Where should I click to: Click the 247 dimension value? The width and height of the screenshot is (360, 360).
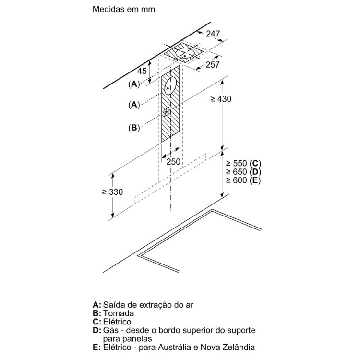(213, 34)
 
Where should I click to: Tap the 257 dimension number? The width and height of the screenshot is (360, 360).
(213, 65)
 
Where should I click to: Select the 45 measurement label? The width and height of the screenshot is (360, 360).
(142, 71)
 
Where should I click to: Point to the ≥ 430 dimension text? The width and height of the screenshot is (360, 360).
(221, 99)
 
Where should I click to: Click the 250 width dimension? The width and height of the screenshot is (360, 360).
(173, 162)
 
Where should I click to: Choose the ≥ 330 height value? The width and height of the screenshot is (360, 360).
(112, 192)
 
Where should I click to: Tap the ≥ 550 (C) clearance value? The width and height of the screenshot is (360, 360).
(243, 164)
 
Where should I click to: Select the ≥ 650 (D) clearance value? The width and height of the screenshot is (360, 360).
(243, 172)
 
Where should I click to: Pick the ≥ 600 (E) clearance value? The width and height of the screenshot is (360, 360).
(243, 180)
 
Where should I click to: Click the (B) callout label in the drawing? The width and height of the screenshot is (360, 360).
(134, 128)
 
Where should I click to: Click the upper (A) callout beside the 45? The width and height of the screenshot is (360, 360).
(134, 84)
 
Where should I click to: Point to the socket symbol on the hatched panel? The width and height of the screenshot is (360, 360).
(167, 112)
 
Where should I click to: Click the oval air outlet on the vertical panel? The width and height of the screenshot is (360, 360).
(170, 85)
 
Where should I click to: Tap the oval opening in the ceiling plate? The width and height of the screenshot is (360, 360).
(185, 53)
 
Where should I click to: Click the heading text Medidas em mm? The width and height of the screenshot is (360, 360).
(124, 9)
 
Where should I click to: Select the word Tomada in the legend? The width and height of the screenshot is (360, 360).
(119, 313)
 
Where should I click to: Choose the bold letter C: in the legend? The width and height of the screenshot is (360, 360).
(96, 322)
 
